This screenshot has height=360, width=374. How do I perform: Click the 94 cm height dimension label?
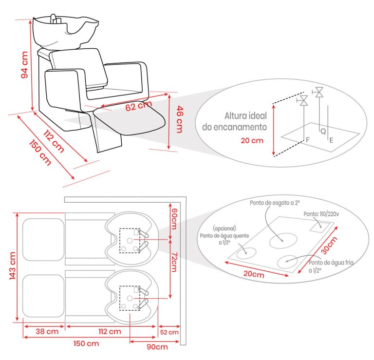24,65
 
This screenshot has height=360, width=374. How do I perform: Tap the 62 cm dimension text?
139,106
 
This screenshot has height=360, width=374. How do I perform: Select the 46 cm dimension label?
180,119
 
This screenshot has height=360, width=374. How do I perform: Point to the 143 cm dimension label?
12,265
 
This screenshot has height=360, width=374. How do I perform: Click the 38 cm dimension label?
47,331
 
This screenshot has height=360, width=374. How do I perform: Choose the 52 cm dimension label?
169,332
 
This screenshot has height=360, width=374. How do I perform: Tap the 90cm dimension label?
157,347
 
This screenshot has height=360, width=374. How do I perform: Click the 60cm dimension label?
175,219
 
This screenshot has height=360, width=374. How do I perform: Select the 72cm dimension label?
175,262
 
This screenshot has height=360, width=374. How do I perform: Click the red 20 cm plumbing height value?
252,140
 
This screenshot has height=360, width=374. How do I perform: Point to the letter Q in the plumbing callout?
323,131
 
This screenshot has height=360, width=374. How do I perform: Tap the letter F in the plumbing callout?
308,139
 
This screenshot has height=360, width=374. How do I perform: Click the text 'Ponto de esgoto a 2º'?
275,203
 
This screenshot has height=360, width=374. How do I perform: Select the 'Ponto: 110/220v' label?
321,214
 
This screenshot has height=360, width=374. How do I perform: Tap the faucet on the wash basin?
54,19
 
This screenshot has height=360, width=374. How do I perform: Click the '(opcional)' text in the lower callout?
224,228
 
